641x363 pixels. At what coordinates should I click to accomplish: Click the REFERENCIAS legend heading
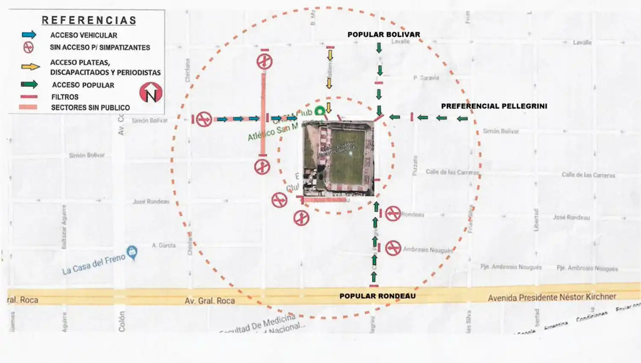89,20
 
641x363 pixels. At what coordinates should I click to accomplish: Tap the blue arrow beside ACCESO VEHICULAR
29,35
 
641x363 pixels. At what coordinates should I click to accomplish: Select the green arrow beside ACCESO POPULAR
29,85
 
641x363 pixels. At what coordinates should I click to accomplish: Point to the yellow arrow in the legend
30,67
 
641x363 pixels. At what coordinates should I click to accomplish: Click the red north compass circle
151,92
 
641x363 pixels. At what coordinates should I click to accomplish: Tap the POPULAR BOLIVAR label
383,35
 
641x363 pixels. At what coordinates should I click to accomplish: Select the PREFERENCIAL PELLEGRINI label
494,106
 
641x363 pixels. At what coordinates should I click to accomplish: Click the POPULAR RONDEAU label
377,296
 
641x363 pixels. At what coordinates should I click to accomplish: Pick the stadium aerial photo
338,158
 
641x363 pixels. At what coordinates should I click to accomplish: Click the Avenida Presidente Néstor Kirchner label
552,297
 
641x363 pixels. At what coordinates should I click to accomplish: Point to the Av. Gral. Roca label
210,301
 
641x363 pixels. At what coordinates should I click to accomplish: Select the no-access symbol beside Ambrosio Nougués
393,248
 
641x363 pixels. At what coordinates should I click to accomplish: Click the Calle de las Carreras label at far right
588,175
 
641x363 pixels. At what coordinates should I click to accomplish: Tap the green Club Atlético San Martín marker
319,111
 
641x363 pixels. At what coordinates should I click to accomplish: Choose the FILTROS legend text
65,97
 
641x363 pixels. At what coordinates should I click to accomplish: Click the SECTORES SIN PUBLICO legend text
90,108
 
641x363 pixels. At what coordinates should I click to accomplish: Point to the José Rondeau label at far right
571,217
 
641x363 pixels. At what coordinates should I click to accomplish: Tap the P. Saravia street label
426,78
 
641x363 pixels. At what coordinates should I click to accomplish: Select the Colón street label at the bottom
122,321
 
